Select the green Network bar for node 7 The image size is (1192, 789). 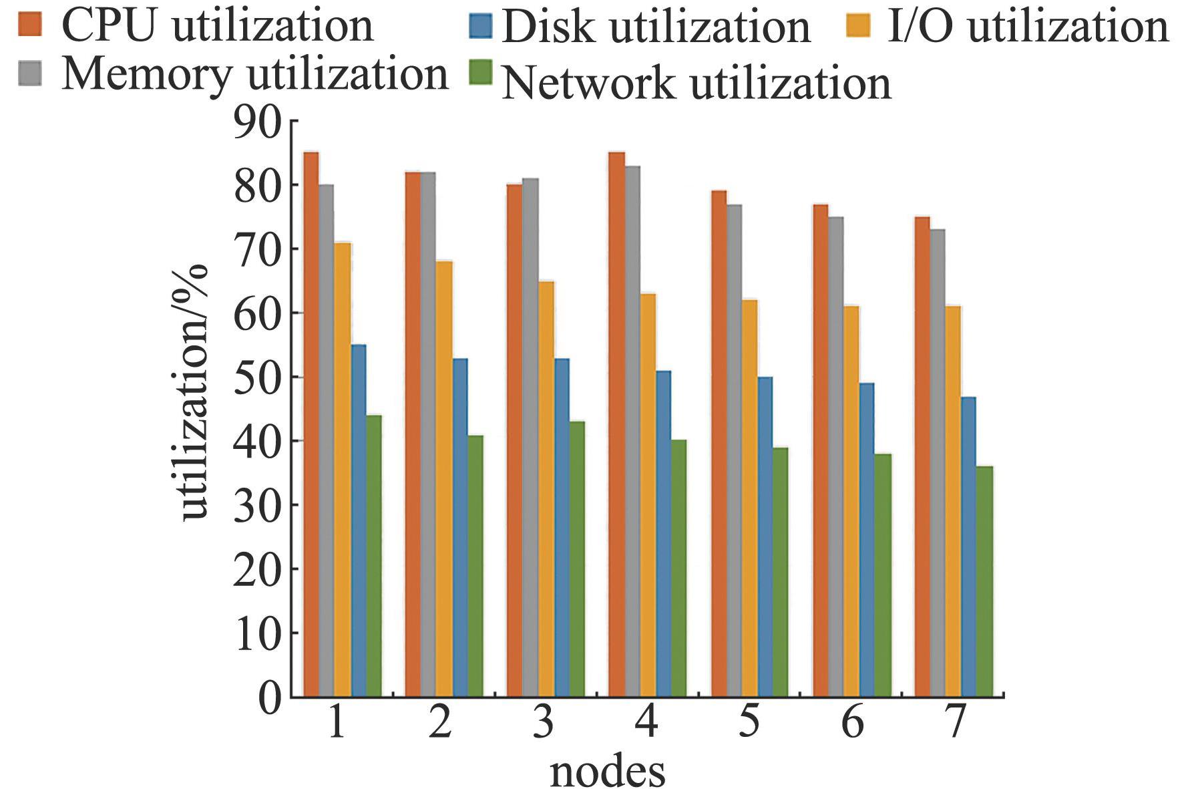pyautogui.click(x=984, y=581)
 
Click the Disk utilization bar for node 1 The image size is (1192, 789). pyautogui.click(x=359, y=521)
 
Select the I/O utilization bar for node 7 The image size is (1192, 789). pyautogui.click(x=953, y=501)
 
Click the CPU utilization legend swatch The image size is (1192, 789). pyautogui.click(x=30, y=25)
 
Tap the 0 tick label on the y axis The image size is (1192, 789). pyautogui.click(x=270, y=698)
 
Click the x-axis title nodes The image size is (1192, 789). pyautogui.click(x=607, y=772)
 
